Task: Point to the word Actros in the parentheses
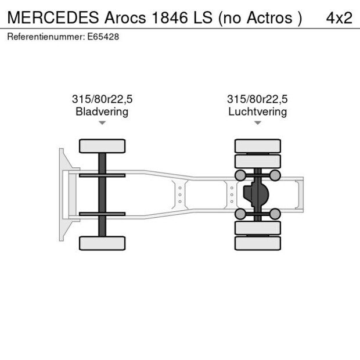(268, 17)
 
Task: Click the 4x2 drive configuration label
(339, 17)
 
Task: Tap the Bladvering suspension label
(102, 111)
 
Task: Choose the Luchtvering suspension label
(257, 111)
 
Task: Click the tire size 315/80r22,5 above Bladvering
(102, 99)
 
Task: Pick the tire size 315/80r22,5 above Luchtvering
(257, 99)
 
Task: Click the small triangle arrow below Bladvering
(102, 123)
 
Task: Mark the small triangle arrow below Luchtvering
(257, 123)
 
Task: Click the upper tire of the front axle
(102, 146)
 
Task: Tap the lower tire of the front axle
(102, 243)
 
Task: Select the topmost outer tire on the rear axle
(257, 146)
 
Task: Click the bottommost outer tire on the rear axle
(257, 243)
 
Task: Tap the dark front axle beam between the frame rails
(102, 195)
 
